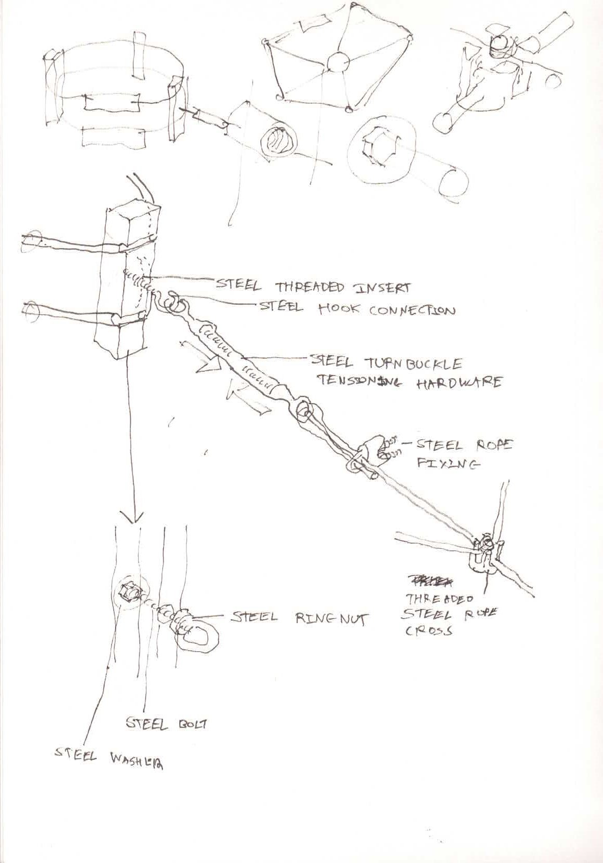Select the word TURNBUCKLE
click(x=408, y=361)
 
